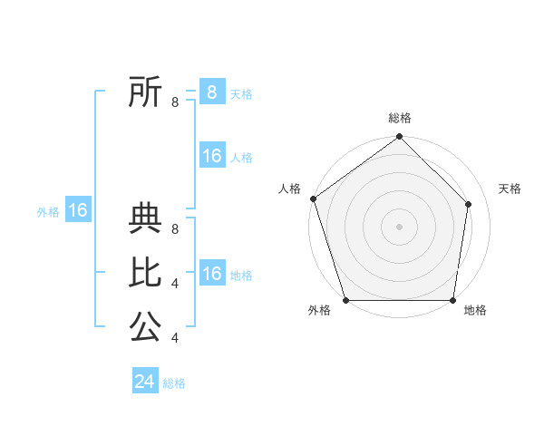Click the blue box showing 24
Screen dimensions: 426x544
pos(145,382)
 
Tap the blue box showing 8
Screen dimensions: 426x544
pos(211,92)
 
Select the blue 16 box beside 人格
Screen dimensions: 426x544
pos(211,156)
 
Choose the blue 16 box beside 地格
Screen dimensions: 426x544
pos(211,274)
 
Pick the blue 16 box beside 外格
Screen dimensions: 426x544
pos(78,210)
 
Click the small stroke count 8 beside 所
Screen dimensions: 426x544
pos(175,102)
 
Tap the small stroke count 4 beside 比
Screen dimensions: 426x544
pos(175,284)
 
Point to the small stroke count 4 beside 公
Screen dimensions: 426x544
pos(175,338)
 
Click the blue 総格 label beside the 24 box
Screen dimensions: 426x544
pos(175,383)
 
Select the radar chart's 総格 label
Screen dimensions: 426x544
pos(399,118)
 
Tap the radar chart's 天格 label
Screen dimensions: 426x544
pos(510,189)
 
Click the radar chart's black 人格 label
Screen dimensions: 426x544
pos(289,189)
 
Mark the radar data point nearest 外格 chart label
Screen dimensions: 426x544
pos(345,300)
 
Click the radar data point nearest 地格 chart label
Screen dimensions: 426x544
pos(452,300)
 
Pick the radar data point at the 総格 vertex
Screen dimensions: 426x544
pos(399,137)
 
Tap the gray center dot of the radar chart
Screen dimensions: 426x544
pos(399,226)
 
